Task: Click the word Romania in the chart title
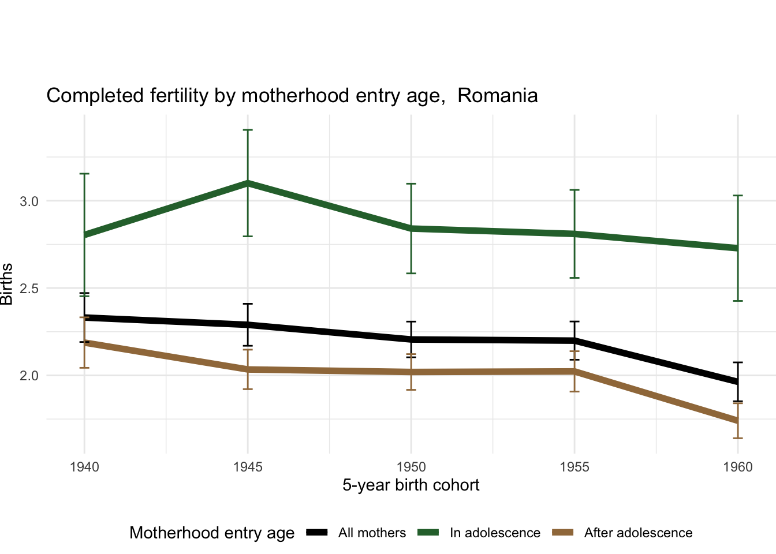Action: (x=497, y=95)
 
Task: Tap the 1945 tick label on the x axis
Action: (x=248, y=467)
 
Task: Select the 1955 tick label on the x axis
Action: (x=574, y=467)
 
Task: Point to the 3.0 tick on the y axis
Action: (x=29, y=201)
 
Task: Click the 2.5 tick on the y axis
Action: (x=29, y=289)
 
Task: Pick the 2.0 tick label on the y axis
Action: (x=29, y=376)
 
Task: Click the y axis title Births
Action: (x=7, y=284)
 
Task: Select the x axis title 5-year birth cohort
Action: (x=411, y=485)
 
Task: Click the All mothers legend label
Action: (x=372, y=533)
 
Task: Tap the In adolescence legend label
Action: (x=495, y=533)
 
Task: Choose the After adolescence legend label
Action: (x=638, y=533)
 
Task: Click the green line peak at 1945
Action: (x=248, y=183)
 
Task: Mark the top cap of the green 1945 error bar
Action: (x=248, y=130)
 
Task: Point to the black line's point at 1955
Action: (x=574, y=340)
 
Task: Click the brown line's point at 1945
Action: (x=248, y=369)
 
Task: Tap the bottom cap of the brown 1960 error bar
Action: (x=738, y=438)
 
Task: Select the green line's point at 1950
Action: (x=411, y=229)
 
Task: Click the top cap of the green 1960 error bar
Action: (x=738, y=196)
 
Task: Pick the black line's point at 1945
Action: (x=248, y=325)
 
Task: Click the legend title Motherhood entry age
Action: (x=212, y=533)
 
